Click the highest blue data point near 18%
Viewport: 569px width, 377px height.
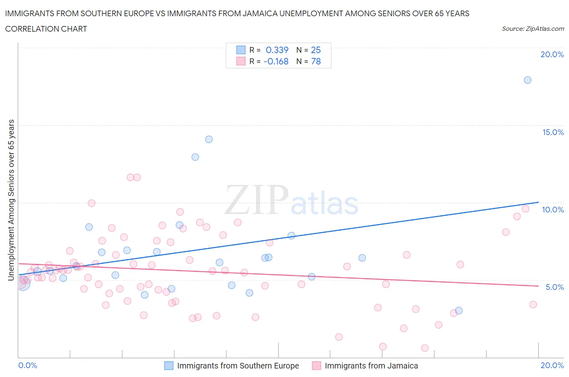tap(527, 80)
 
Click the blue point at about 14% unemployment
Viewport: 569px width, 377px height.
tap(209, 139)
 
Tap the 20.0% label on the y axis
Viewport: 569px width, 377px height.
tap(552, 54)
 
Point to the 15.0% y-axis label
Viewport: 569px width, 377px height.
tap(553, 132)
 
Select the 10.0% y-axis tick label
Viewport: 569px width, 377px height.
tap(553, 210)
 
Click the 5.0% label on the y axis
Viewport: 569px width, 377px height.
tap(554, 287)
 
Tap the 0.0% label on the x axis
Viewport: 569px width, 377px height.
tap(28, 365)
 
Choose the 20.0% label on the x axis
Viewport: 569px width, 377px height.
tap(552, 365)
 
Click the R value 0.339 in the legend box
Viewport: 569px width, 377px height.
tap(277, 50)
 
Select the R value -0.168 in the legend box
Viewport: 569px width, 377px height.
tap(276, 61)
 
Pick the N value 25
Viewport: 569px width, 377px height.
tap(316, 50)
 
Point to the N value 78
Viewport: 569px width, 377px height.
tap(316, 61)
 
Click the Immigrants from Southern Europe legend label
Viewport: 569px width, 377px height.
tap(238, 366)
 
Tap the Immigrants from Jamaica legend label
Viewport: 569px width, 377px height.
tap(371, 366)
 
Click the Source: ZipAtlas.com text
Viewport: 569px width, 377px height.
tap(533, 29)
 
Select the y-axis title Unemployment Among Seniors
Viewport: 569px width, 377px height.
tap(11, 200)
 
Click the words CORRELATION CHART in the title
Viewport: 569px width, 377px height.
tap(46, 29)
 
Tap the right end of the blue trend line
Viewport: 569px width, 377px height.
tap(538, 202)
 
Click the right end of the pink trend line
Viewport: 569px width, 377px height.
tap(538, 286)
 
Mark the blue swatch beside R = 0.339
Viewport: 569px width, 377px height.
tap(241, 50)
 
